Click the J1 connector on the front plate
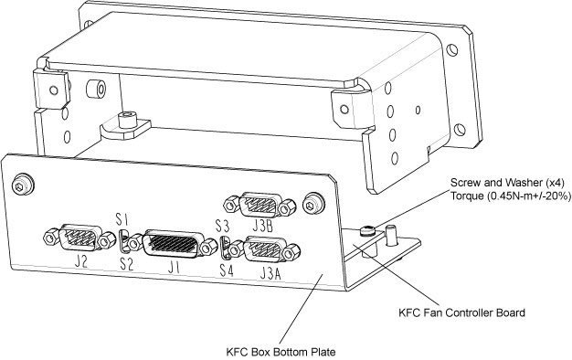[172, 244]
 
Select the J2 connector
[79, 238]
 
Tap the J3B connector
[260, 205]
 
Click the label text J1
[174, 269]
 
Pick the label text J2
[80, 261]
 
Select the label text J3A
[270, 273]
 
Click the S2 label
[127, 264]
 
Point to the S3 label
[222, 226]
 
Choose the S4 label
[227, 270]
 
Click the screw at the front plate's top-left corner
[23, 185]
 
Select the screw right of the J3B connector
[313, 203]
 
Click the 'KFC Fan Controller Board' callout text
[461, 312]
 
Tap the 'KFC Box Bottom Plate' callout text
[281, 353]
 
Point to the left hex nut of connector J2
[50, 237]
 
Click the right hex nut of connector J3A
[292, 252]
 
